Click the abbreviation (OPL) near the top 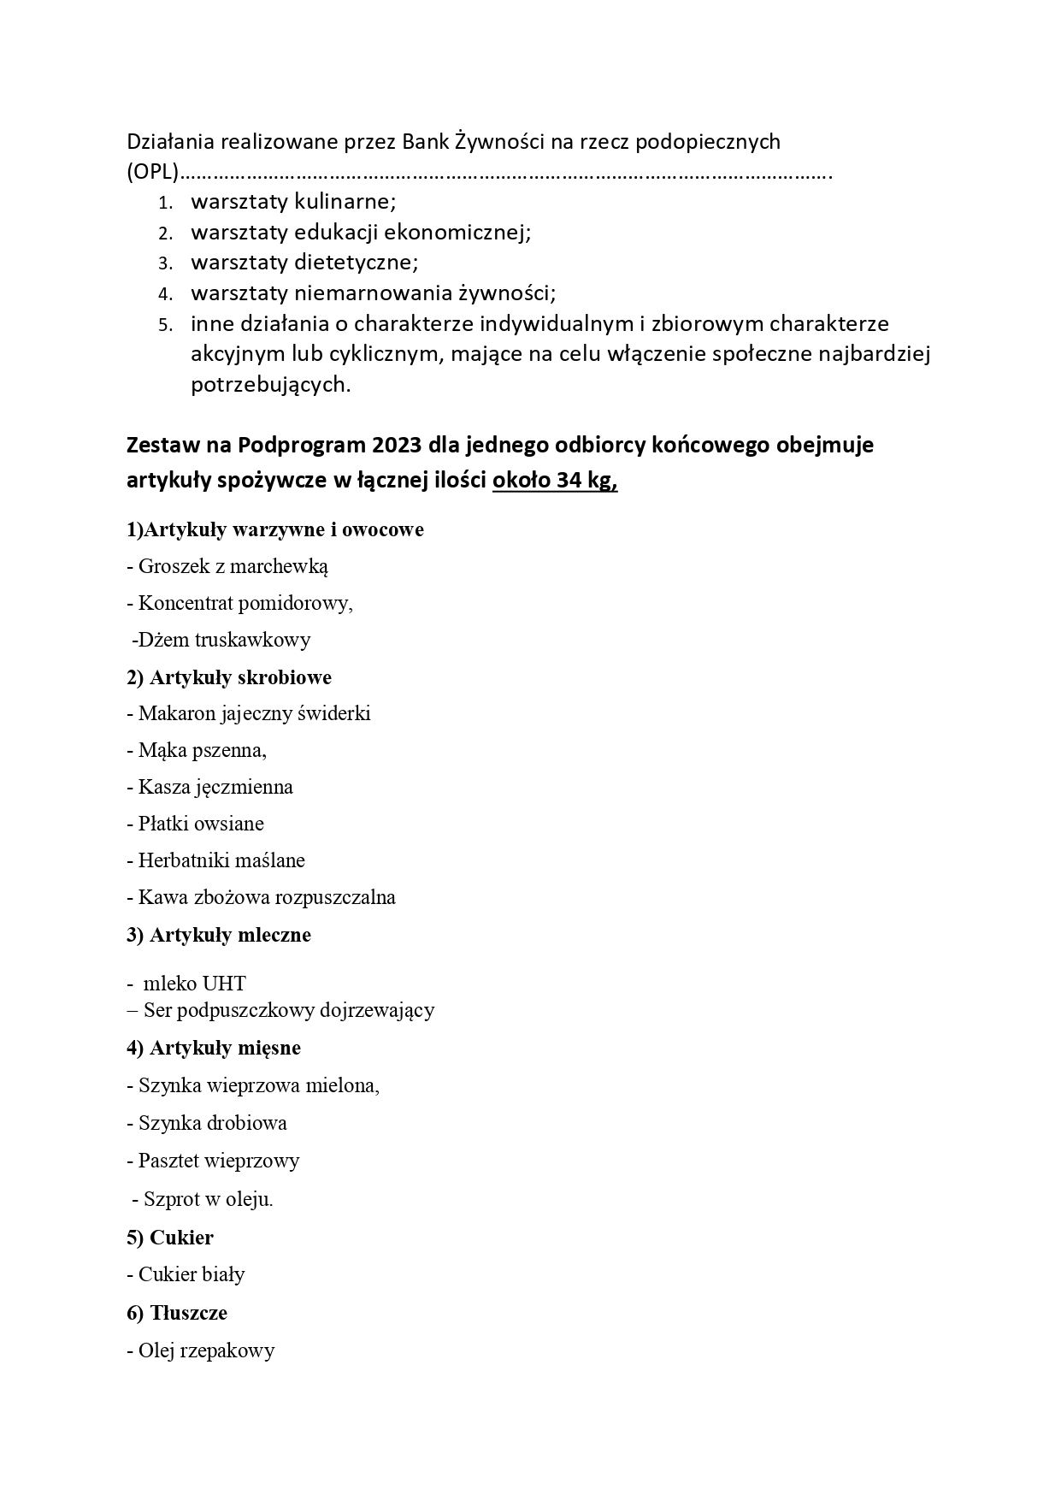(x=152, y=173)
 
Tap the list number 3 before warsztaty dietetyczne (x=165, y=263)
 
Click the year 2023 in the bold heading (x=397, y=446)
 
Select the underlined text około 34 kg (x=554, y=482)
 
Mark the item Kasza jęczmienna (x=215, y=787)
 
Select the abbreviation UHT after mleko (x=224, y=984)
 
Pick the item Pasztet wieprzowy (x=219, y=1161)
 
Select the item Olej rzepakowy (x=206, y=1350)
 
